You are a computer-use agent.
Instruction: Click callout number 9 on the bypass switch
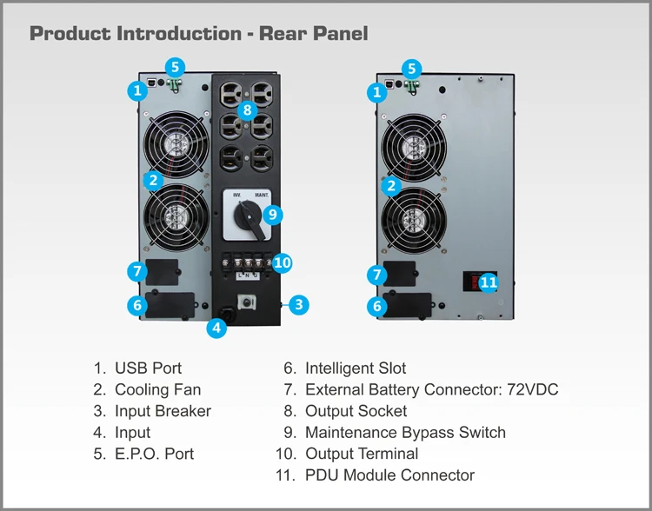[x=273, y=215]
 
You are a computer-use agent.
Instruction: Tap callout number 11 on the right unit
[x=489, y=282]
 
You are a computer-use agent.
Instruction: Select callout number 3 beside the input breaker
[x=298, y=305]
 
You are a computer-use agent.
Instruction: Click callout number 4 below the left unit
[x=216, y=328]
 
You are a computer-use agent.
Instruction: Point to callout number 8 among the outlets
[x=248, y=110]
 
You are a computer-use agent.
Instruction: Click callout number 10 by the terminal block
[x=282, y=262]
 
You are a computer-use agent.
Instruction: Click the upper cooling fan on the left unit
[x=176, y=144]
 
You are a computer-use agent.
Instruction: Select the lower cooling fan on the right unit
[x=414, y=221]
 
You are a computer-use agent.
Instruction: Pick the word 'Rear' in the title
[x=282, y=33]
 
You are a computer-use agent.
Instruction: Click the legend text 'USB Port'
[x=149, y=368]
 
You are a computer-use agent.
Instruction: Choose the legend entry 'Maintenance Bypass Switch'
[x=405, y=433]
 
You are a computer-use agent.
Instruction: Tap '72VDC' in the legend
[x=533, y=389]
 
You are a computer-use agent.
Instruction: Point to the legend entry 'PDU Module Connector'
[x=389, y=474]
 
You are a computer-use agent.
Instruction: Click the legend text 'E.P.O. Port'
[x=154, y=454]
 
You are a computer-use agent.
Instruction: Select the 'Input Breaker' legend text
[x=163, y=411]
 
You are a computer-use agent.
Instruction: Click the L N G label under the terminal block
[x=248, y=275]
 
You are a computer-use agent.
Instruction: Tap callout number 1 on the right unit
[x=377, y=92]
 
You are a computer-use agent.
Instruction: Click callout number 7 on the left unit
[x=137, y=272]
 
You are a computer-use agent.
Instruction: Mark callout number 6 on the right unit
[x=377, y=307]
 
